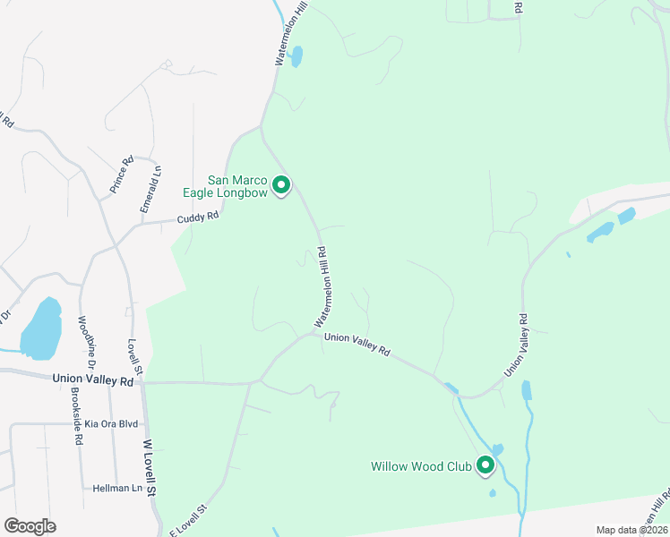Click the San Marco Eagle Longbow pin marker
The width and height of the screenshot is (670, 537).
point(281,185)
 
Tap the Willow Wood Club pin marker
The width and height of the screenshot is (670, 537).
point(485,465)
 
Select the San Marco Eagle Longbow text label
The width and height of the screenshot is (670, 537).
point(237,186)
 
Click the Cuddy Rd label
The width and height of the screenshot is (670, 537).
point(197,217)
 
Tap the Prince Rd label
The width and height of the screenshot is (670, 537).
point(121,175)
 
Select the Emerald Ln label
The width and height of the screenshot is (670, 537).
point(150,188)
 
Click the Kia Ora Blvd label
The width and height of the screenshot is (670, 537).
point(112,423)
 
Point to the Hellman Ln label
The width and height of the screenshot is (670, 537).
point(118,489)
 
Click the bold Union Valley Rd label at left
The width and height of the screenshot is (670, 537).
point(93,380)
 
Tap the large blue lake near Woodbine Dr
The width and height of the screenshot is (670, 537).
point(41,327)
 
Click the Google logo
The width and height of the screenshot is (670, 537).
point(30,526)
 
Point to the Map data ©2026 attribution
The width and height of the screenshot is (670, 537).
point(631,530)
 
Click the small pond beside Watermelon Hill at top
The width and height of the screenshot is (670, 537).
point(296,56)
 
